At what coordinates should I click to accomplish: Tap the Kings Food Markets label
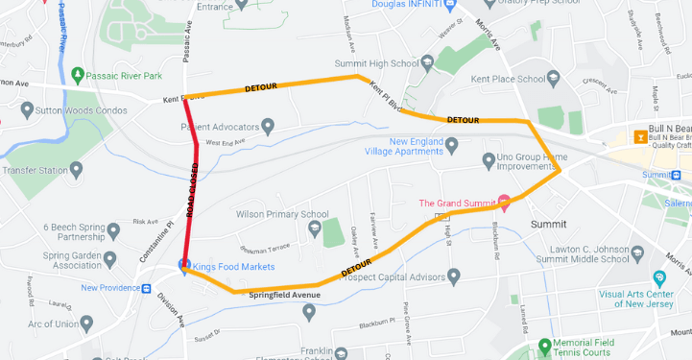pyautogui.click(x=234, y=266)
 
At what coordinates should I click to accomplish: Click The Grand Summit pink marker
pyautogui.click(x=505, y=202)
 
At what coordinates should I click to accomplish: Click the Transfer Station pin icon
pyautogui.click(x=76, y=169)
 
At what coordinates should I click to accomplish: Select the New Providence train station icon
pyautogui.click(x=147, y=287)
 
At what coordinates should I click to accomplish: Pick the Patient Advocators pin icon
pyautogui.click(x=269, y=126)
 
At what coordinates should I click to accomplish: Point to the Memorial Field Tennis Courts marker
pyautogui.click(x=545, y=345)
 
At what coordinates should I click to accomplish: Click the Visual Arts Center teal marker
pyautogui.click(x=659, y=277)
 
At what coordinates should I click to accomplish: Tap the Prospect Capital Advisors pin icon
pyautogui.click(x=454, y=277)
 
